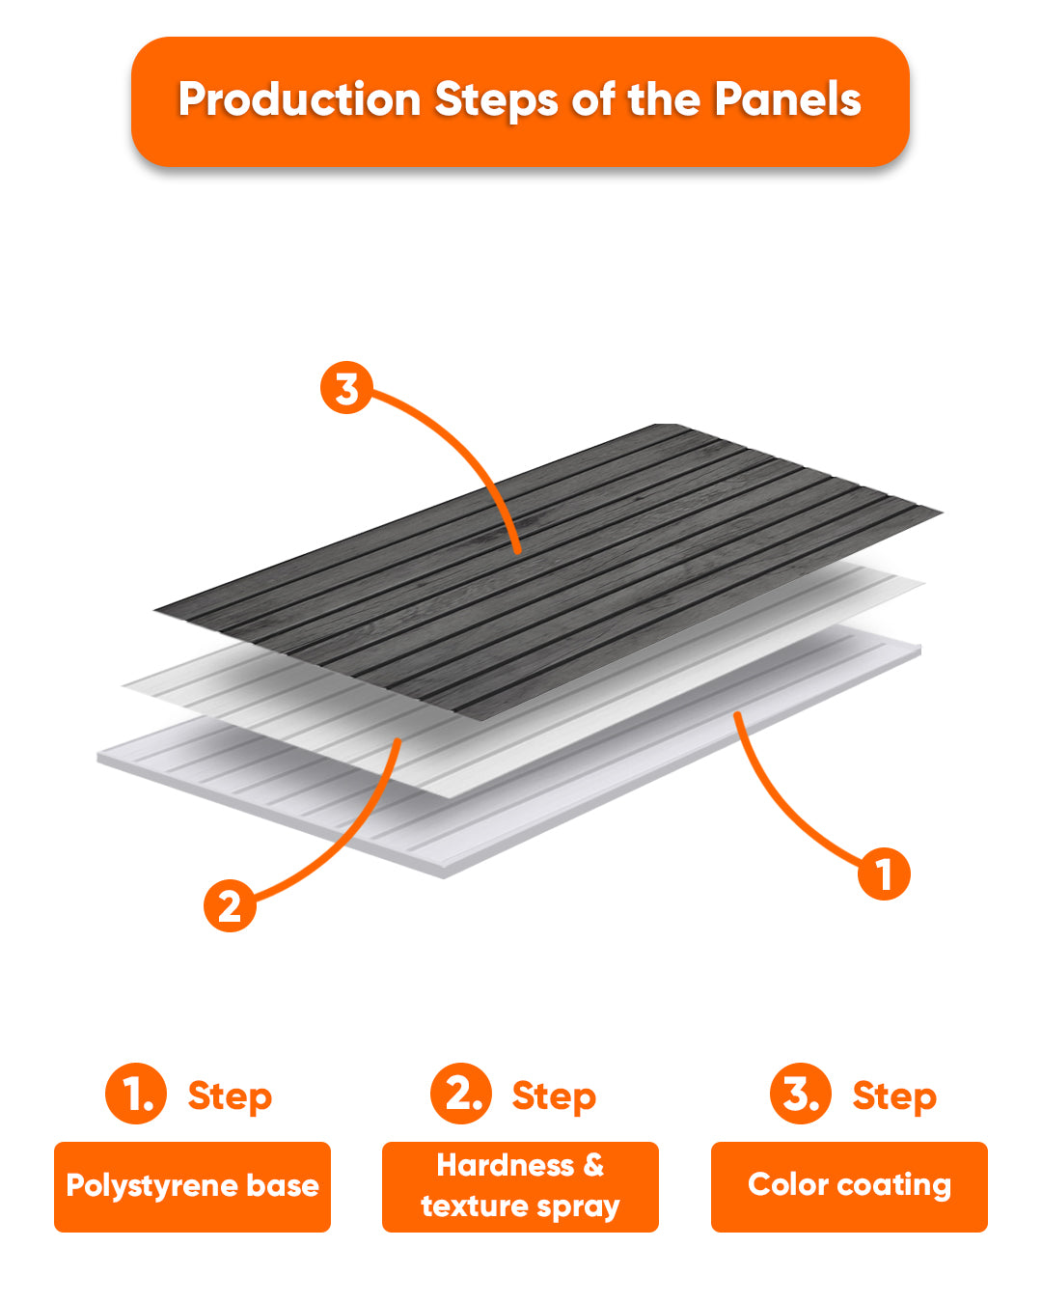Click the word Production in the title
click(x=299, y=99)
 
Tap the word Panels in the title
click(x=787, y=98)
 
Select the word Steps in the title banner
click(x=496, y=100)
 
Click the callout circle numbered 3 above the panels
click(x=346, y=387)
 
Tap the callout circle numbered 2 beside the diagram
click(x=230, y=906)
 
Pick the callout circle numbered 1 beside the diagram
click(x=884, y=874)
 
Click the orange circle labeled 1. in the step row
click(x=136, y=1094)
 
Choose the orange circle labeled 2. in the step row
click(x=461, y=1094)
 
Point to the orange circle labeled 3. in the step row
click(x=801, y=1094)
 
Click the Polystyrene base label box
click(x=192, y=1187)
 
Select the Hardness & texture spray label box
click(x=520, y=1187)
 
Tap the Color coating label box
click(x=849, y=1187)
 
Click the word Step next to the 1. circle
click(x=230, y=1096)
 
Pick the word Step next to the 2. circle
click(x=554, y=1096)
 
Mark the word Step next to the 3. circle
click(x=894, y=1096)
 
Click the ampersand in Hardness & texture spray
click(x=593, y=1166)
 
